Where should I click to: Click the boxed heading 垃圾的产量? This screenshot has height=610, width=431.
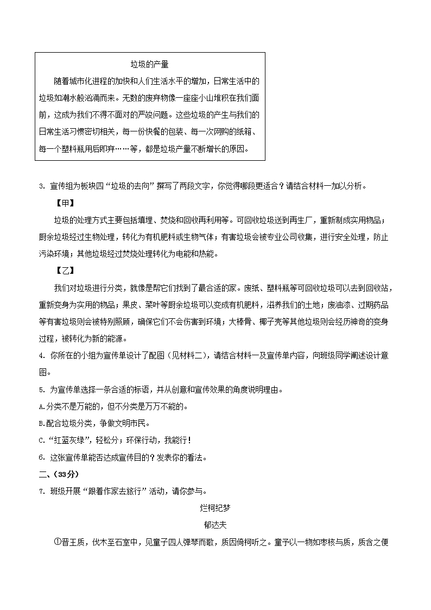(x=150, y=65)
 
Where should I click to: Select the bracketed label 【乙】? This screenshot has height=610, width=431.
(x=66, y=271)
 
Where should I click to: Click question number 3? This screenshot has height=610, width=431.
(x=42, y=187)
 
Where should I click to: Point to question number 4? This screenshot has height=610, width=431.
(x=42, y=356)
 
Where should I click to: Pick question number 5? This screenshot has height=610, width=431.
(x=42, y=389)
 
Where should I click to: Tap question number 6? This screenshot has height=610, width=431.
(x=42, y=457)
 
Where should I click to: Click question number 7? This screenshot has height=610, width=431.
(x=42, y=492)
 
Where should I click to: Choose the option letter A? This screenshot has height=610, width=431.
(x=42, y=406)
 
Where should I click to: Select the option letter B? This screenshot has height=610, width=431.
(x=42, y=424)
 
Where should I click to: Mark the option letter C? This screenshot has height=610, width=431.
(x=42, y=441)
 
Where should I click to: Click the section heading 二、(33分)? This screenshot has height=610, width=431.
(x=60, y=475)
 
